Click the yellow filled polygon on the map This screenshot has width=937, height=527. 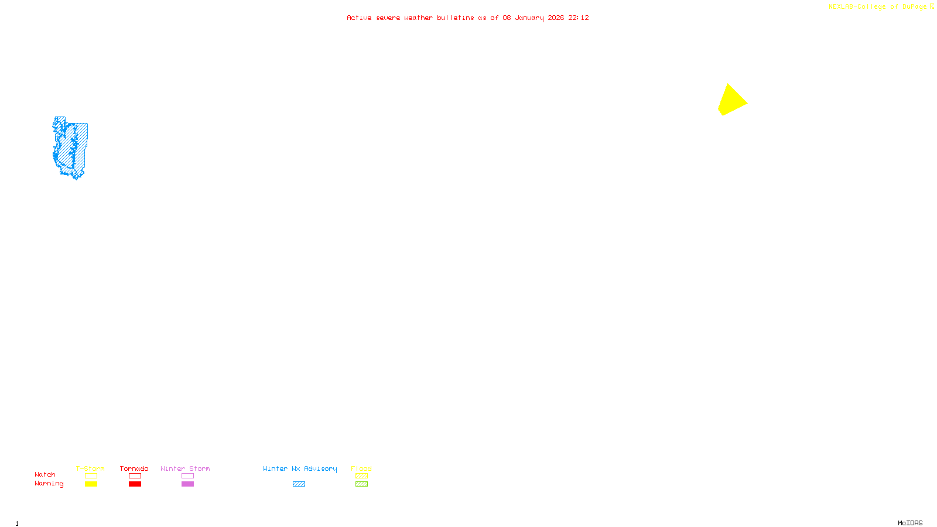click(731, 101)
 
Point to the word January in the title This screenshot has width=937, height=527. click(529, 18)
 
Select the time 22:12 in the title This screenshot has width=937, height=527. click(578, 18)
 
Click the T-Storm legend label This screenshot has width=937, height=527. click(90, 468)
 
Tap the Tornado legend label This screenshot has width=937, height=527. click(134, 468)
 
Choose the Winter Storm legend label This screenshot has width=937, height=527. click(185, 468)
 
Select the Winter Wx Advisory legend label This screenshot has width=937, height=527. click(300, 468)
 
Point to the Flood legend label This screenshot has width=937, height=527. click(361, 468)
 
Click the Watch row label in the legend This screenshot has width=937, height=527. click(45, 474)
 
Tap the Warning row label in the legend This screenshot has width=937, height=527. click(49, 484)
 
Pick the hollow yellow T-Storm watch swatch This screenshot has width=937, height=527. click(91, 476)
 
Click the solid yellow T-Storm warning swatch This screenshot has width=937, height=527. click(91, 484)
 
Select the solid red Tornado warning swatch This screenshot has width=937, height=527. click(135, 484)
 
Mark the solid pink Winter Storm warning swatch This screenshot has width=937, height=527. click(187, 484)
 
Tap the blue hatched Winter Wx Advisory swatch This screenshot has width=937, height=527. click(299, 484)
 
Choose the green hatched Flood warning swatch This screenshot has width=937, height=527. click(361, 484)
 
